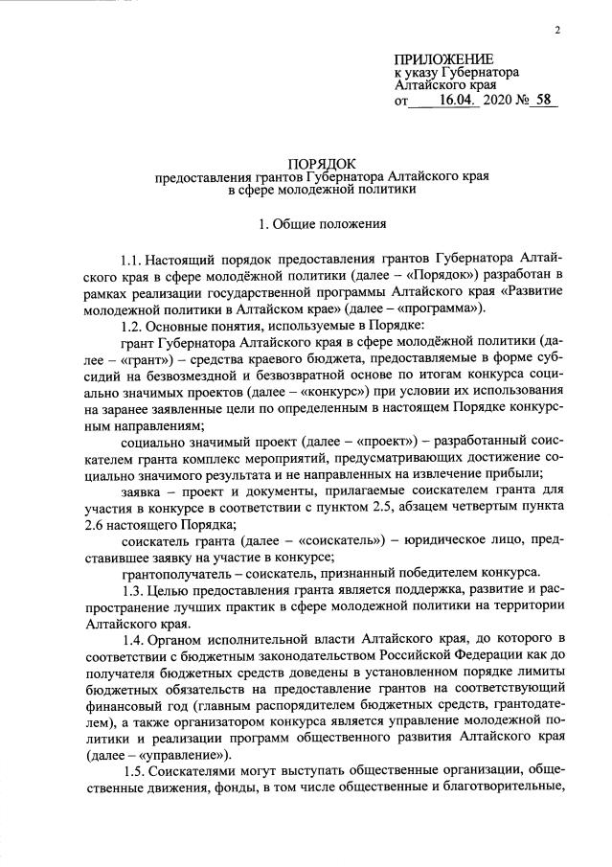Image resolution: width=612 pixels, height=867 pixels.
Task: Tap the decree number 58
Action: click(x=545, y=100)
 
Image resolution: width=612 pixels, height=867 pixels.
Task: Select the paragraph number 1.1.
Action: click(x=133, y=259)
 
